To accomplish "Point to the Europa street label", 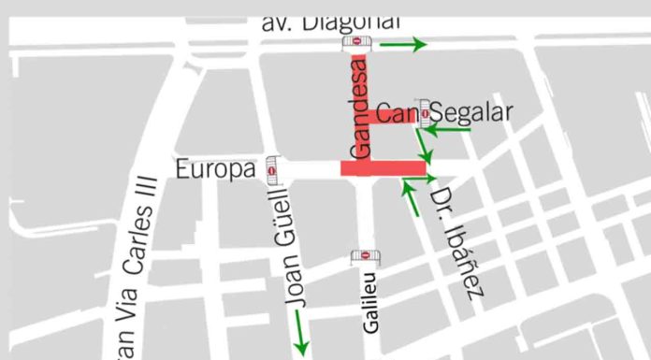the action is pyautogui.click(x=215, y=169).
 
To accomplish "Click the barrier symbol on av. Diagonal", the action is pyautogui.click(x=360, y=42).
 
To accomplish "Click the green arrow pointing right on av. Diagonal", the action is pyautogui.click(x=404, y=44).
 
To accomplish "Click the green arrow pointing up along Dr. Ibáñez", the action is pyautogui.click(x=411, y=198).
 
